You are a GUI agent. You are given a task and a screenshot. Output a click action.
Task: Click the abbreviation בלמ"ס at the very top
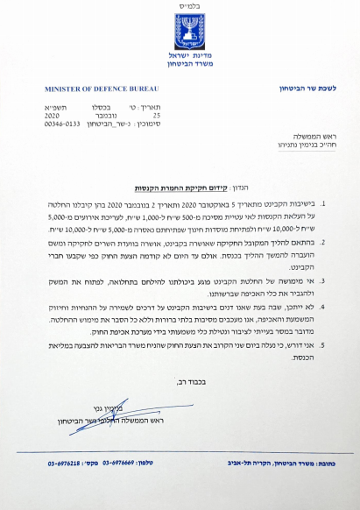(x=180, y=7)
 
